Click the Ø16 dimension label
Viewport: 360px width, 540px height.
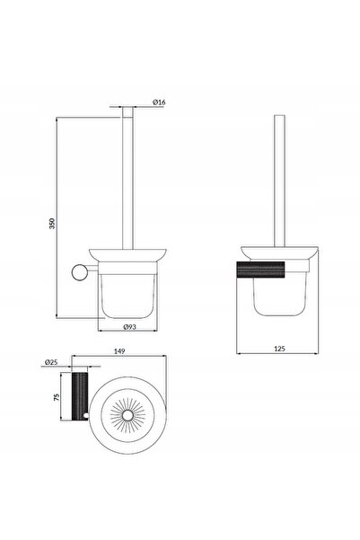159,102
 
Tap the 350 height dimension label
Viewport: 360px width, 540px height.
52,224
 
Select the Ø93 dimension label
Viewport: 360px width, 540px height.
130,326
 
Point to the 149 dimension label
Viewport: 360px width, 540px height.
119,351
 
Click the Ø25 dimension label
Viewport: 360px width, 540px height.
51,362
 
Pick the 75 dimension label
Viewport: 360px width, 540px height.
57,397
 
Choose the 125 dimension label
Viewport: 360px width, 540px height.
279,349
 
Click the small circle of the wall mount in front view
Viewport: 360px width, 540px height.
80,272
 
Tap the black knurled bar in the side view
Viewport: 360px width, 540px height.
260,270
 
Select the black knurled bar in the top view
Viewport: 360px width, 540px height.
80,396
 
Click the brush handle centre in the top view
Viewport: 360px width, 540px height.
127,415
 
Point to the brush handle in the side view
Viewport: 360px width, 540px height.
279,181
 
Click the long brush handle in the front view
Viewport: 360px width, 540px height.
127,178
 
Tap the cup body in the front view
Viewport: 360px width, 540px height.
127,296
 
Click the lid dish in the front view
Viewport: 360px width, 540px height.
127,255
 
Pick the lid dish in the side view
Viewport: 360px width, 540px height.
279,252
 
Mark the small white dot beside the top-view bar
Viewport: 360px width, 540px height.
85,416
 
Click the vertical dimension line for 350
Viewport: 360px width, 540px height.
56,217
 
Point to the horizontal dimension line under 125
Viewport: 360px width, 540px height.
277,353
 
